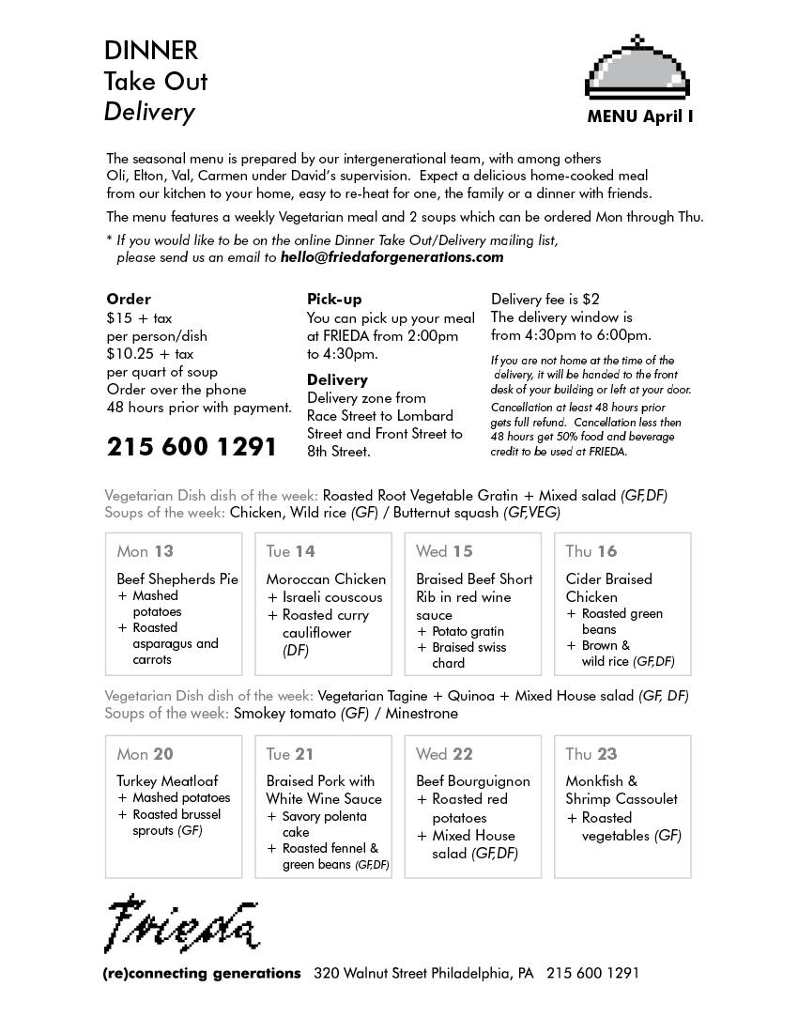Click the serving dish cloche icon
point(637,69)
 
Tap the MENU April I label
point(640,116)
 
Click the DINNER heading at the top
point(151,50)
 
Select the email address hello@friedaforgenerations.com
point(391,256)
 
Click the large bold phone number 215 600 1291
point(192,446)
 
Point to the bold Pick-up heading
point(334,300)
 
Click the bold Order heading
point(129,300)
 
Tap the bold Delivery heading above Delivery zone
point(337,379)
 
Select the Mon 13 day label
point(146,551)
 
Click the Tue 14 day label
point(291,551)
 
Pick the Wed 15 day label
point(445,551)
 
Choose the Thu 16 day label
point(591,551)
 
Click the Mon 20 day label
point(146,754)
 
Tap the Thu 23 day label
point(591,754)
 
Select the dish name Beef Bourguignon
point(473,781)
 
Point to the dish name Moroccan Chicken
point(326,579)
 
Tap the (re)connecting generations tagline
point(202,974)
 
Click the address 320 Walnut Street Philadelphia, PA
point(423,974)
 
